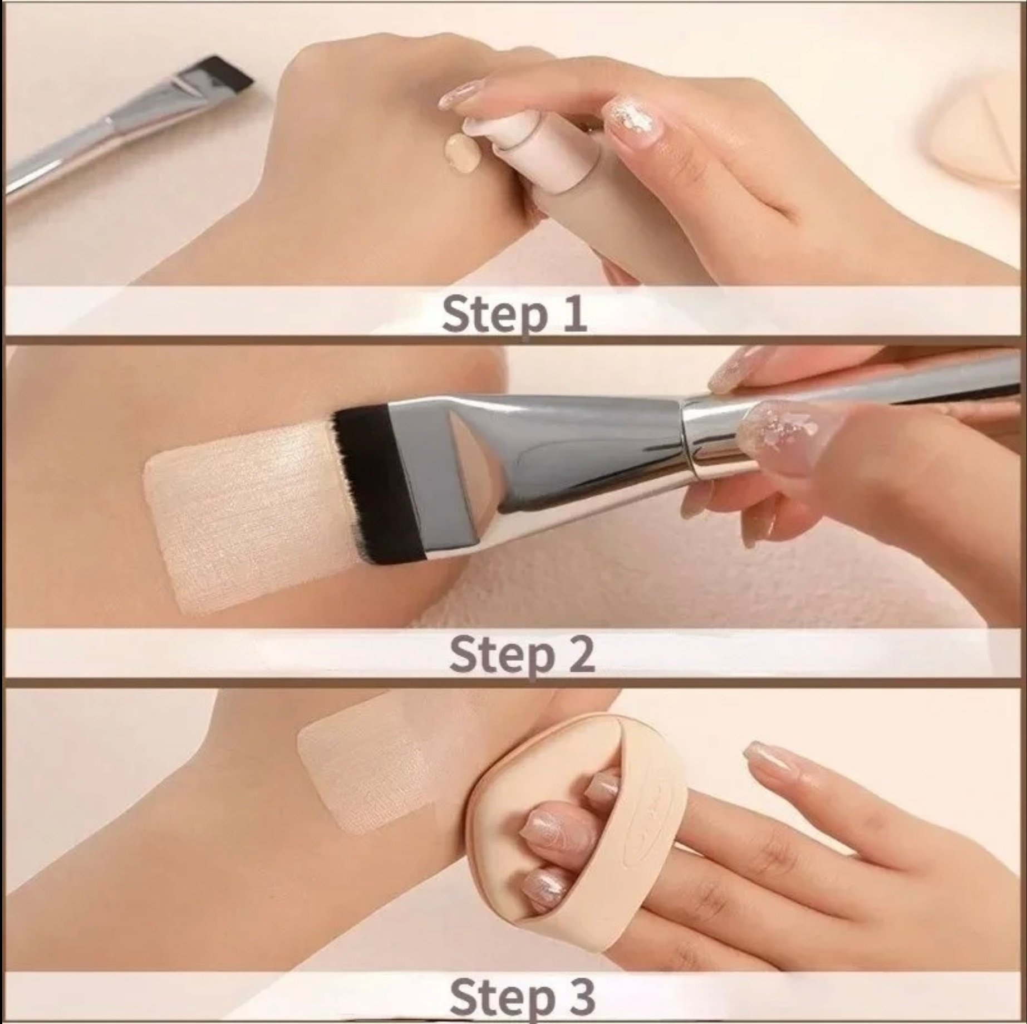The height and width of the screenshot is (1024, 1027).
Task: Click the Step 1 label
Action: point(514,314)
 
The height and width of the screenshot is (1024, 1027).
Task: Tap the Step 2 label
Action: point(522,656)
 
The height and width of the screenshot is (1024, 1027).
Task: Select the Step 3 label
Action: point(522,997)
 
